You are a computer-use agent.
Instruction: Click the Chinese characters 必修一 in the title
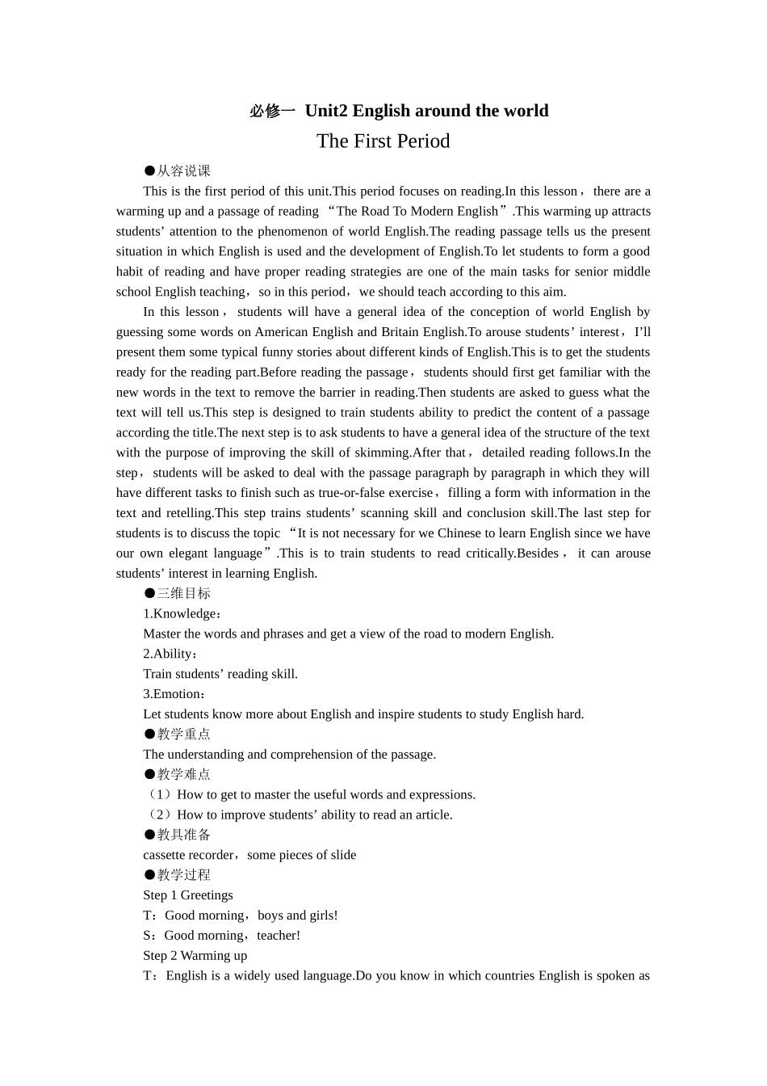point(273,112)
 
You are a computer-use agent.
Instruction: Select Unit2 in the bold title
point(327,111)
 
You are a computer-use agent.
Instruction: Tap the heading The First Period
point(383,141)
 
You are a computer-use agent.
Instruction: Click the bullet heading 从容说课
point(177,170)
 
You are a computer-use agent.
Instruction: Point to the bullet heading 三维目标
point(177,593)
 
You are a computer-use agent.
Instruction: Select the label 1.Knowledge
point(182,613)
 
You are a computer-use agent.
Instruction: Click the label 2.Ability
point(170,654)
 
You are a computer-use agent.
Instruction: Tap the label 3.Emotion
point(174,694)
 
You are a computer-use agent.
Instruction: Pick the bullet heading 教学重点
point(177,734)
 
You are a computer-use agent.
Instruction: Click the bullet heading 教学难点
point(177,774)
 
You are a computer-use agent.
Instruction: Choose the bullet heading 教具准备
point(177,835)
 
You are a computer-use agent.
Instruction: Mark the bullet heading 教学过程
point(177,875)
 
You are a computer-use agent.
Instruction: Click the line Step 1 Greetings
point(188,895)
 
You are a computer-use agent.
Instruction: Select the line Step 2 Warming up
point(195,956)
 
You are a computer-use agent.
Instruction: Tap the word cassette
point(165,855)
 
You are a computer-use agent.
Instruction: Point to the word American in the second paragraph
point(282,332)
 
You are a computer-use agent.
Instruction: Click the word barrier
point(351,393)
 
